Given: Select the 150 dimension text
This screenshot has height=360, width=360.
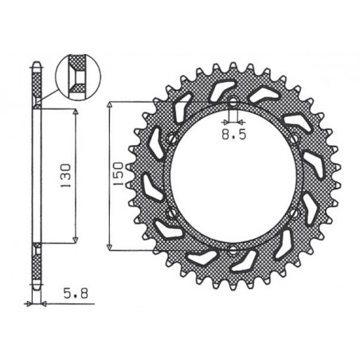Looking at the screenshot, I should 118,174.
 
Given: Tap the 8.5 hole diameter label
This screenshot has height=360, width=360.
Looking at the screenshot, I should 233,136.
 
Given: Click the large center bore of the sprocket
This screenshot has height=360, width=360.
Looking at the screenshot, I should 233,177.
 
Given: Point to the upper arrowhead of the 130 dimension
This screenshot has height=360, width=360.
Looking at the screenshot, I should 76,114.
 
